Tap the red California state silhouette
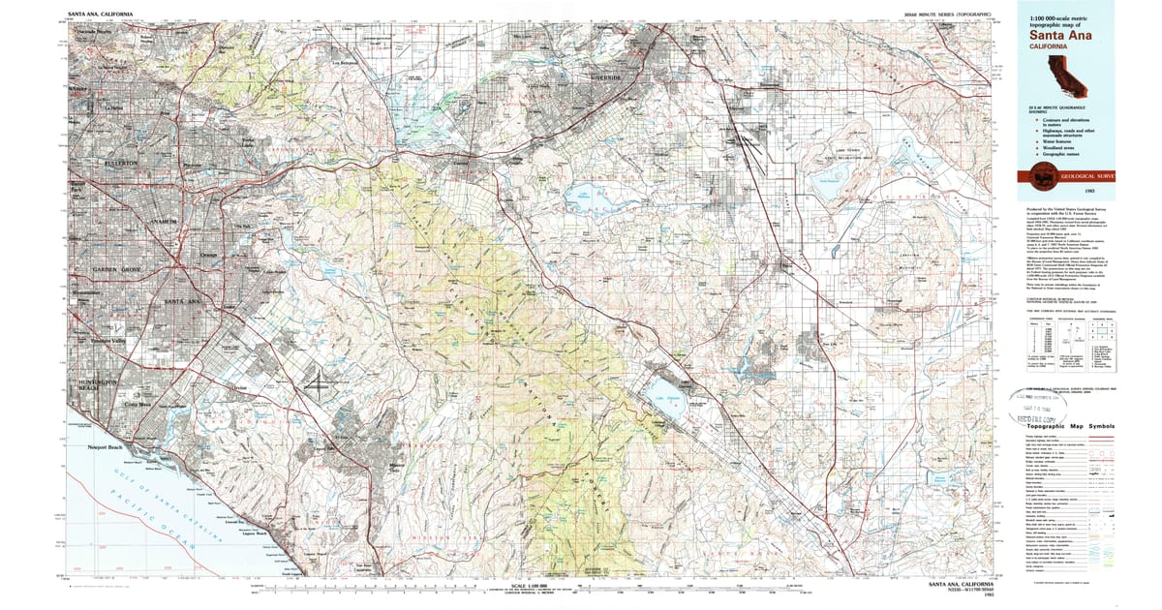[x=1057, y=72]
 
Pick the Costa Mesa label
[x=141, y=404]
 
